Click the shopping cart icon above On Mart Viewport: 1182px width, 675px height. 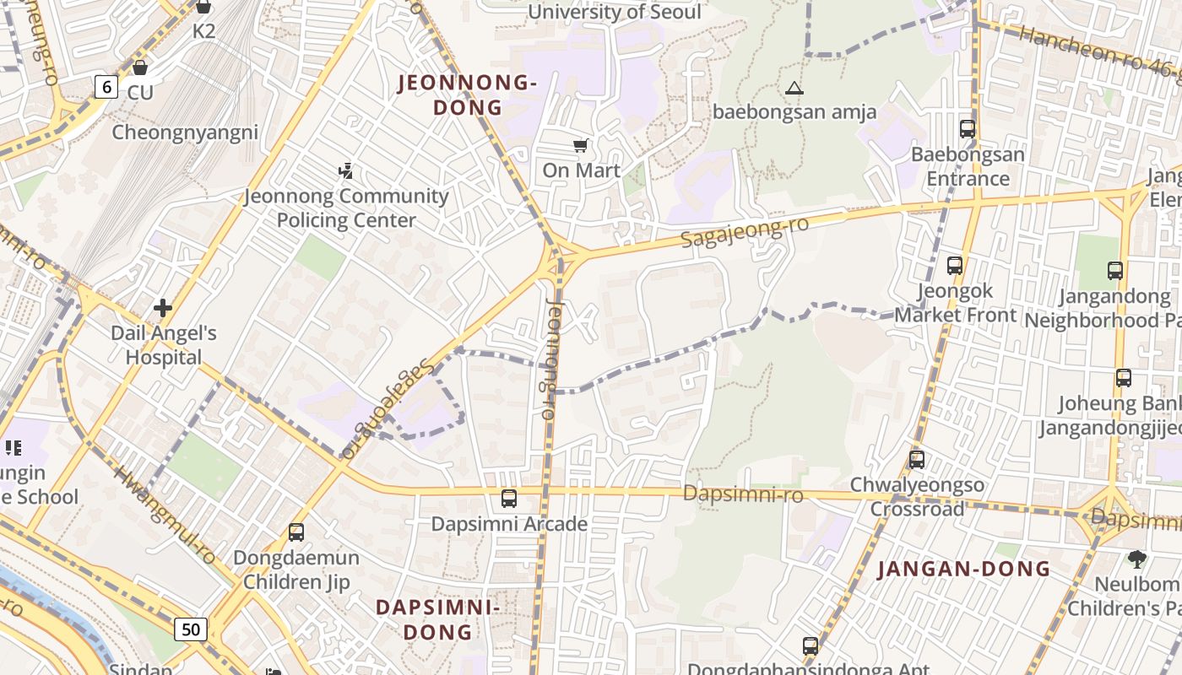[580, 146]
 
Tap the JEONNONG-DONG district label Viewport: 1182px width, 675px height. [468, 94]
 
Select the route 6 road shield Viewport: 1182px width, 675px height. [106, 86]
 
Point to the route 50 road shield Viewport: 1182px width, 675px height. [192, 629]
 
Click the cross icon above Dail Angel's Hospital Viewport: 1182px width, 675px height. [163, 308]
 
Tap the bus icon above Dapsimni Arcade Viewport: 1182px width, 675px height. [508, 499]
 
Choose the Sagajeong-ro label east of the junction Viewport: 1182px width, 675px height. [746, 233]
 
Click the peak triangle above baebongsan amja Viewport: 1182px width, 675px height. [794, 88]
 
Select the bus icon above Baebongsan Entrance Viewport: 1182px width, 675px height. [968, 129]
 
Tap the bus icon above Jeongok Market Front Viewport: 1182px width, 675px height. [955, 266]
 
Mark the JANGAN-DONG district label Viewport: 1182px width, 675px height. [964, 569]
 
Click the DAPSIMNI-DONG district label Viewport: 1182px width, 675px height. [437, 619]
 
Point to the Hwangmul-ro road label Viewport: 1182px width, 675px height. [165, 515]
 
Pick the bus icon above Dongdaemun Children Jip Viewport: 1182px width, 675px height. [295, 532]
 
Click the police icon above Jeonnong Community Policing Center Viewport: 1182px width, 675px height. [345, 171]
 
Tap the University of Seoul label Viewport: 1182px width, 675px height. [614, 13]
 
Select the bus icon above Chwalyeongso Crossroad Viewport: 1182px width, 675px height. [917, 460]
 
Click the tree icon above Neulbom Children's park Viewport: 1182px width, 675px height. [1137, 559]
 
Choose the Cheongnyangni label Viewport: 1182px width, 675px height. [185, 132]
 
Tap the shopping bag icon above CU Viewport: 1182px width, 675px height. [140, 67]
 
